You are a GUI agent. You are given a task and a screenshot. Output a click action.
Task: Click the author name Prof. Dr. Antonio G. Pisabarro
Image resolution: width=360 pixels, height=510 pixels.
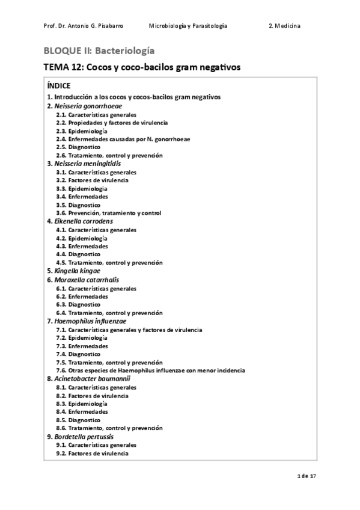(x=84, y=26)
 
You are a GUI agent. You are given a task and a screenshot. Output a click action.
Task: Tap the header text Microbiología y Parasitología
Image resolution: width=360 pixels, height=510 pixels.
(x=188, y=26)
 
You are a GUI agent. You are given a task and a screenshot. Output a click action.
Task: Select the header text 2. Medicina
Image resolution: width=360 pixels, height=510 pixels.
(x=285, y=26)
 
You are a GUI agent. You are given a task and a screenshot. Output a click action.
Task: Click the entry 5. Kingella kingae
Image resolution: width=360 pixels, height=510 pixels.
(x=78, y=271)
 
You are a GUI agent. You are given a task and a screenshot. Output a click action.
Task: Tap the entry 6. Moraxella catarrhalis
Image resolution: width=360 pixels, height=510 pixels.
(x=86, y=280)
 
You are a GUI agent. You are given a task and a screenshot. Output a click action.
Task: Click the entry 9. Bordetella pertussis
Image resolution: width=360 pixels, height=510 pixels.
(x=84, y=437)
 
